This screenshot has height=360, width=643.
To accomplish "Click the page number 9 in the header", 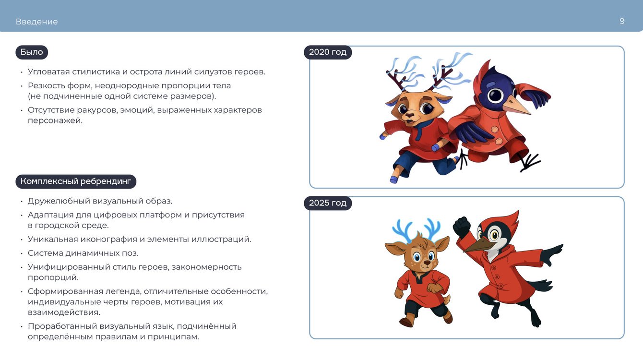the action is (622, 21).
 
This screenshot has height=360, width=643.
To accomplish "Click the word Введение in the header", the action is (37, 22).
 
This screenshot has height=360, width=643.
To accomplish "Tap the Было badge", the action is (32, 52).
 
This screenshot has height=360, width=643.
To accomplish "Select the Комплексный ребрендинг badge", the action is (76, 181).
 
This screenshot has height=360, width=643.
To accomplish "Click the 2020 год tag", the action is (328, 52).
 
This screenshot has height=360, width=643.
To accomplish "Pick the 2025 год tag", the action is (328, 203).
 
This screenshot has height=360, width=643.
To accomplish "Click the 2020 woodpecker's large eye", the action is (496, 95).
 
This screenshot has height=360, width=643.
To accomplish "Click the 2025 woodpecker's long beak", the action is (478, 245).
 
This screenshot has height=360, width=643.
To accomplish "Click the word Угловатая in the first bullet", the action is (49, 72).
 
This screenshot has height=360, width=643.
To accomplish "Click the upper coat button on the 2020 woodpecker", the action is (495, 130).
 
